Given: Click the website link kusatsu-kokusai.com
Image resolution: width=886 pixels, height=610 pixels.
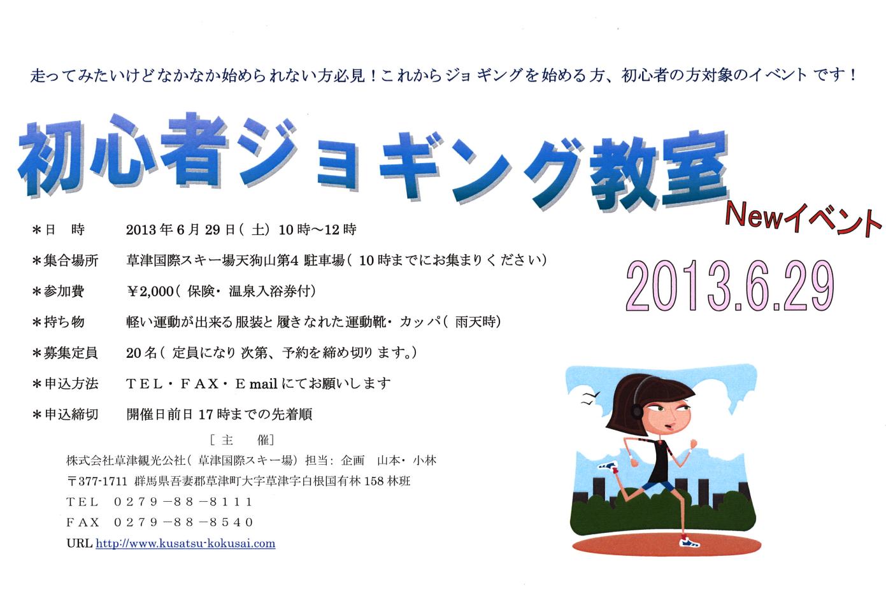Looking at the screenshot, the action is (185, 544).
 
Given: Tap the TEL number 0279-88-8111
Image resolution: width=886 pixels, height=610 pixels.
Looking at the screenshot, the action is (183, 502).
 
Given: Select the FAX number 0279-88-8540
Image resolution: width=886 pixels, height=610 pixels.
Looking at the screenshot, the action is (183, 523).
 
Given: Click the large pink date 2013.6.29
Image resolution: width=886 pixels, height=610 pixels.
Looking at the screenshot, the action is (730, 285).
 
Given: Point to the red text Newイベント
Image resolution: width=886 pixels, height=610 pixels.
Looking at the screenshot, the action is (803, 218).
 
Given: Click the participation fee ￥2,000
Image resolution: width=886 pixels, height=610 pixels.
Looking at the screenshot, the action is (150, 292).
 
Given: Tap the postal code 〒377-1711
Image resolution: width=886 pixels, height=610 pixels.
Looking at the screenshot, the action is (97, 481).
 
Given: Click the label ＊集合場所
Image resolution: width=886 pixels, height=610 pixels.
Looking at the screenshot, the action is (65, 261).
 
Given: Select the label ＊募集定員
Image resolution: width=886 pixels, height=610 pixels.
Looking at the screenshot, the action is (65, 353).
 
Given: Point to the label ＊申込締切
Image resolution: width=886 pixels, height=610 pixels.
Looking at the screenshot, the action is (65, 415).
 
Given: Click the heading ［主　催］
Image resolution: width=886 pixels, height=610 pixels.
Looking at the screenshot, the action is (242, 440).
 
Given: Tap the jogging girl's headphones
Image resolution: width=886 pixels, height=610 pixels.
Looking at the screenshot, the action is (638, 399).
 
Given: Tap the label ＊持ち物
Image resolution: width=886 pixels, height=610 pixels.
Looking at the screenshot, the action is (58, 322).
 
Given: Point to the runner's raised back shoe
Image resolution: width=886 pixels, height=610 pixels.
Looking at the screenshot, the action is (608, 466).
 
